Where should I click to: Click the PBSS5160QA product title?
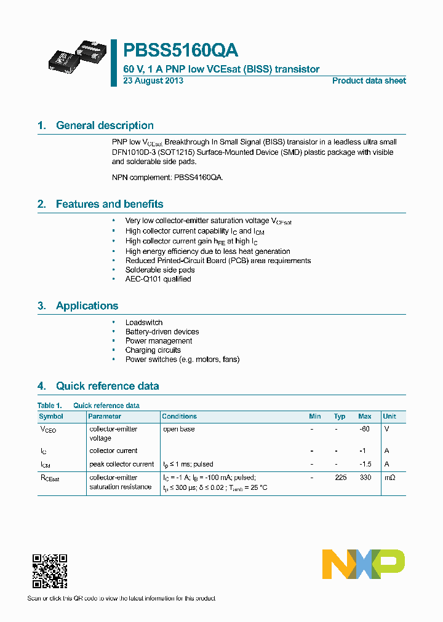point(181,50)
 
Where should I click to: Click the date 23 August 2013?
point(153,81)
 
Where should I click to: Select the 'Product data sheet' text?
point(369,81)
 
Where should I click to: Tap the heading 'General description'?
point(105,125)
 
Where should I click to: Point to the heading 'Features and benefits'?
point(110,204)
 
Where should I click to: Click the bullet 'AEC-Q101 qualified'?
point(158,279)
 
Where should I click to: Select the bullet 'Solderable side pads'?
point(160,270)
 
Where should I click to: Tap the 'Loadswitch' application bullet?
point(144,322)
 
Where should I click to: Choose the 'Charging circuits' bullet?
point(153,350)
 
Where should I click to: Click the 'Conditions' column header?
point(179,416)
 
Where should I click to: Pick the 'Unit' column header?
point(389,416)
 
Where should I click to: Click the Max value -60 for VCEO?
point(364,429)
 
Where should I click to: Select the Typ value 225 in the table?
point(340,478)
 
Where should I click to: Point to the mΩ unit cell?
point(389,478)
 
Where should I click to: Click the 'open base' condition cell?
point(178,429)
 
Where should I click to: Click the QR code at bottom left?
point(49,570)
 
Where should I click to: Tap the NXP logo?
point(364,564)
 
